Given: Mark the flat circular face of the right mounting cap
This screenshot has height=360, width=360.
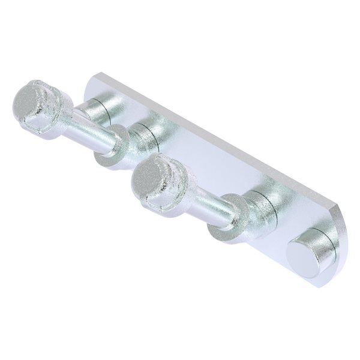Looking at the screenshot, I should [x=299, y=252].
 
